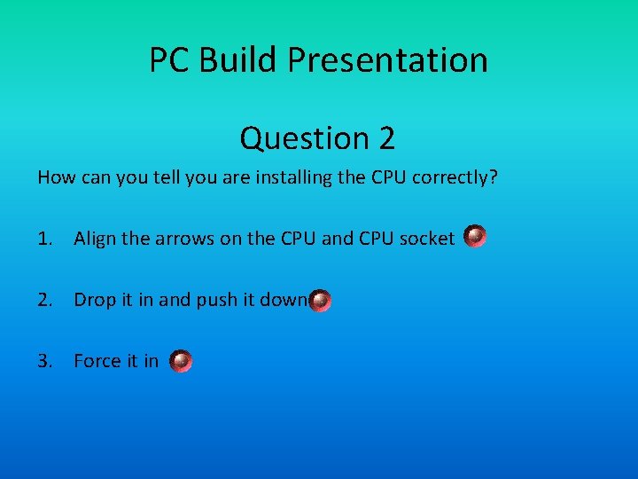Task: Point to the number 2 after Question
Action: (x=386, y=138)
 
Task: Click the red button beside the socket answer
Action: (x=476, y=237)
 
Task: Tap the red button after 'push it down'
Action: (x=321, y=301)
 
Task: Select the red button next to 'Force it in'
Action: (x=181, y=361)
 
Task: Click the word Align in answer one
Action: (x=97, y=238)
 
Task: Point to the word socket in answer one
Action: (x=427, y=238)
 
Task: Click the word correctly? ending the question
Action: (x=455, y=177)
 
